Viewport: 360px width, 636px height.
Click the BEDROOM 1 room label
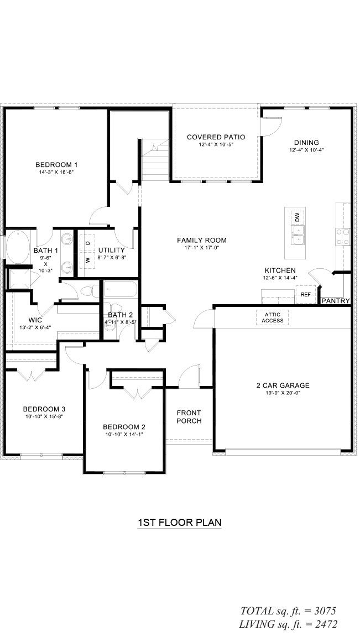pos(56,164)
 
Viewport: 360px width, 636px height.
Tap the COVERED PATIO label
pos(216,137)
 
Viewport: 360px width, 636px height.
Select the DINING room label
pos(306,143)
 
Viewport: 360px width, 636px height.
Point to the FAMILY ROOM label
pos(202,240)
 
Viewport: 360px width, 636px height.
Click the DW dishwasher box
pos(297,217)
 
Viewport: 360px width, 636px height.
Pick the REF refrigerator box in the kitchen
pos(306,295)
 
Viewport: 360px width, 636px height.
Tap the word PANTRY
pos(336,301)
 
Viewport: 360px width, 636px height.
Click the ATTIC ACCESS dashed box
pos(272,317)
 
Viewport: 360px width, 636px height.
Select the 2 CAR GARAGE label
pos(283,385)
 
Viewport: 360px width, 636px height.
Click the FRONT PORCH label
pos(189,417)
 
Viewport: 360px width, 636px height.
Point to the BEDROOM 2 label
pos(124,427)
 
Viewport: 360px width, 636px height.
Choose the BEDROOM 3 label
pos(44,409)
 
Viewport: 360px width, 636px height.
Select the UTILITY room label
pos(111,250)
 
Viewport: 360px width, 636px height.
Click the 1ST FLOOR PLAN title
pos(180,522)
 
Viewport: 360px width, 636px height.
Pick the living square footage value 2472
pos(323,624)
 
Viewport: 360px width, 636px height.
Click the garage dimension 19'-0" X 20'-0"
pos(283,393)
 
